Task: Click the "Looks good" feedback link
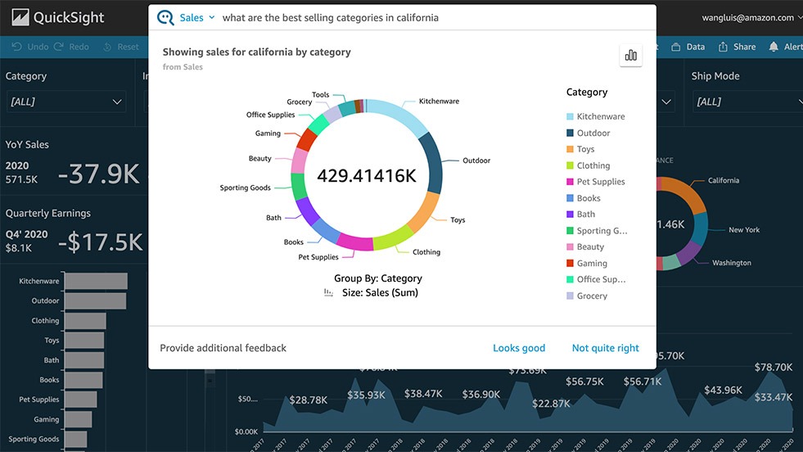tap(518, 348)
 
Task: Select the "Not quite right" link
tap(605, 348)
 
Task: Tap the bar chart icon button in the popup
tap(630, 55)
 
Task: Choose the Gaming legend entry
tap(591, 263)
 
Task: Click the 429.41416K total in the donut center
tap(366, 175)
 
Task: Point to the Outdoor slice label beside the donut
tap(476, 160)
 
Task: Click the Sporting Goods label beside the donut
tap(245, 188)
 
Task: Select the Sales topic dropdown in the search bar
tap(196, 17)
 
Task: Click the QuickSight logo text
tap(69, 17)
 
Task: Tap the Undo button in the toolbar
tap(30, 47)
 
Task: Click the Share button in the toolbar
tap(737, 47)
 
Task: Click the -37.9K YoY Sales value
tap(98, 173)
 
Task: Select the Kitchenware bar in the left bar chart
tap(96, 281)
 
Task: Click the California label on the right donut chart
tap(723, 180)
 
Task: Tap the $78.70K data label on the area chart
tap(773, 367)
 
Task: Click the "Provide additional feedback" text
tap(223, 348)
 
